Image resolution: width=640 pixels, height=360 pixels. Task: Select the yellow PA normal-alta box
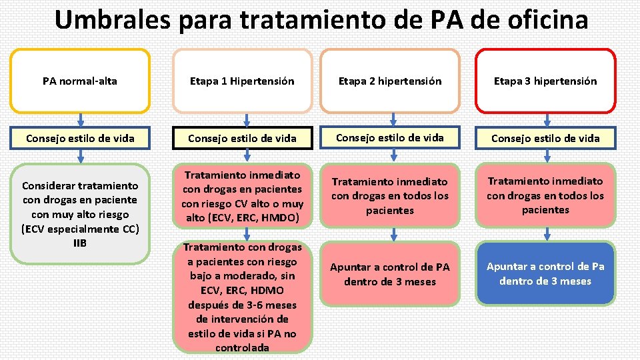click(x=80, y=81)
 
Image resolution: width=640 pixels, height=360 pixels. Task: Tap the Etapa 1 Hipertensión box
click(x=242, y=81)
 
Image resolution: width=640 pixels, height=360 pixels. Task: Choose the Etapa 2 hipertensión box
click(x=390, y=81)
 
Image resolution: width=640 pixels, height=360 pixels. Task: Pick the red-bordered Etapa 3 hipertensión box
click(x=545, y=81)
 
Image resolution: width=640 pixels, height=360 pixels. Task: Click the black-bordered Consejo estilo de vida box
click(x=242, y=139)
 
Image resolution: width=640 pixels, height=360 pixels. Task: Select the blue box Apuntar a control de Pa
click(x=545, y=274)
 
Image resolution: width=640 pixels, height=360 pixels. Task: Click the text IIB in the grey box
click(x=80, y=243)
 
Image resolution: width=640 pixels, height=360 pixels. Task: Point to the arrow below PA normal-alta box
click(x=80, y=120)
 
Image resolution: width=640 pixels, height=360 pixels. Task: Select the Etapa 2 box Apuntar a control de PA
click(x=390, y=274)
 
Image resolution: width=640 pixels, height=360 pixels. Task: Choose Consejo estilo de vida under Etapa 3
click(x=545, y=139)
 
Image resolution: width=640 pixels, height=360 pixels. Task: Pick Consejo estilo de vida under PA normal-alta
click(x=80, y=139)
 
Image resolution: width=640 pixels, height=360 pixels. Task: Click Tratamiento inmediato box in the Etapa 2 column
click(x=390, y=196)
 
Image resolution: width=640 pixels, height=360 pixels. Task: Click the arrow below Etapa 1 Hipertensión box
click(x=241, y=120)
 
